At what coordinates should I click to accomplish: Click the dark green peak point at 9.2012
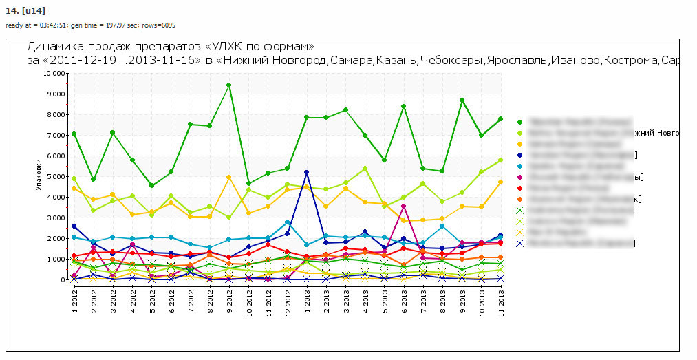(228, 85)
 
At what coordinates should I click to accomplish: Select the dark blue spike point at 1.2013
(306, 172)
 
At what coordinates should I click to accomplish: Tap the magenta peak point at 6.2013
(403, 206)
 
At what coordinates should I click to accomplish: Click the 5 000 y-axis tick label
(55, 176)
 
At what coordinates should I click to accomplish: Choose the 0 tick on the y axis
(62, 279)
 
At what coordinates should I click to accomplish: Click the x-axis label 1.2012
(74, 300)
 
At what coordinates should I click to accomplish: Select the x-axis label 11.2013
(500, 301)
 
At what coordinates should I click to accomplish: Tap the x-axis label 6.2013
(403, 300)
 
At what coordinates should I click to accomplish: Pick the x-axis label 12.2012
(287, 301)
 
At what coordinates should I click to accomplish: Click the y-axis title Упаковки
(39, 177)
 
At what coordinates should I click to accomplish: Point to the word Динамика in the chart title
(55, 47)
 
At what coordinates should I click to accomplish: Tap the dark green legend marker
(519, 121)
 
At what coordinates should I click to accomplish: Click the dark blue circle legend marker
(519, 154)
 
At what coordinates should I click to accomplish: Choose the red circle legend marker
(519, 187)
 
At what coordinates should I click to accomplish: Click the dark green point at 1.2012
(74, 134)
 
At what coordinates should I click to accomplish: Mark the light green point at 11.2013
(500, 160)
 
